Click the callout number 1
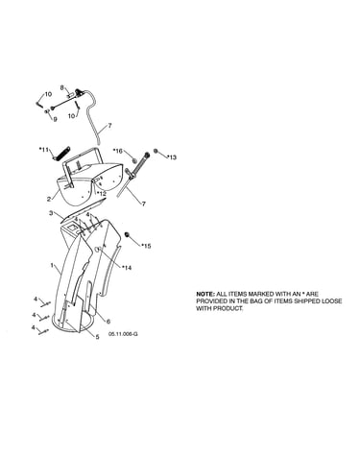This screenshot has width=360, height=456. pos(52,265)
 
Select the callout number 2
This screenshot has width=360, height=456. pos(49,199)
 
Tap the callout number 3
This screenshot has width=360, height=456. pos(51,213)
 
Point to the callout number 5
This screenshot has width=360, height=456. pos(97,336)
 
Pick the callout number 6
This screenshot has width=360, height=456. pos(108,321)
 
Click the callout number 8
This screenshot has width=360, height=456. pos(62,87)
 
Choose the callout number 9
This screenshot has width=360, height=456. pos(55,119)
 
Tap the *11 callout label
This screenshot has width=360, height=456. pos(44,150)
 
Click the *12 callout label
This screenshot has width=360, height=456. pos(101,194)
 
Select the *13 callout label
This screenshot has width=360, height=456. pos(172,157)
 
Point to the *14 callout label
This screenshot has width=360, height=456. pos(127,268)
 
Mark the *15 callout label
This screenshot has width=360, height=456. pos(146,246)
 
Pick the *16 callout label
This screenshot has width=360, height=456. pos(118,151)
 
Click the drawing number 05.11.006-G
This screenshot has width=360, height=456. pos(123,334)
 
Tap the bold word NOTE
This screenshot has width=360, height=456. pos(205,294)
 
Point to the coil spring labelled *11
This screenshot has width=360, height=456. pos(60,154)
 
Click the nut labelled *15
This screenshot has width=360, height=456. pos(127,235)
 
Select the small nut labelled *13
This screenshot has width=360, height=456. pos(156,151)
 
